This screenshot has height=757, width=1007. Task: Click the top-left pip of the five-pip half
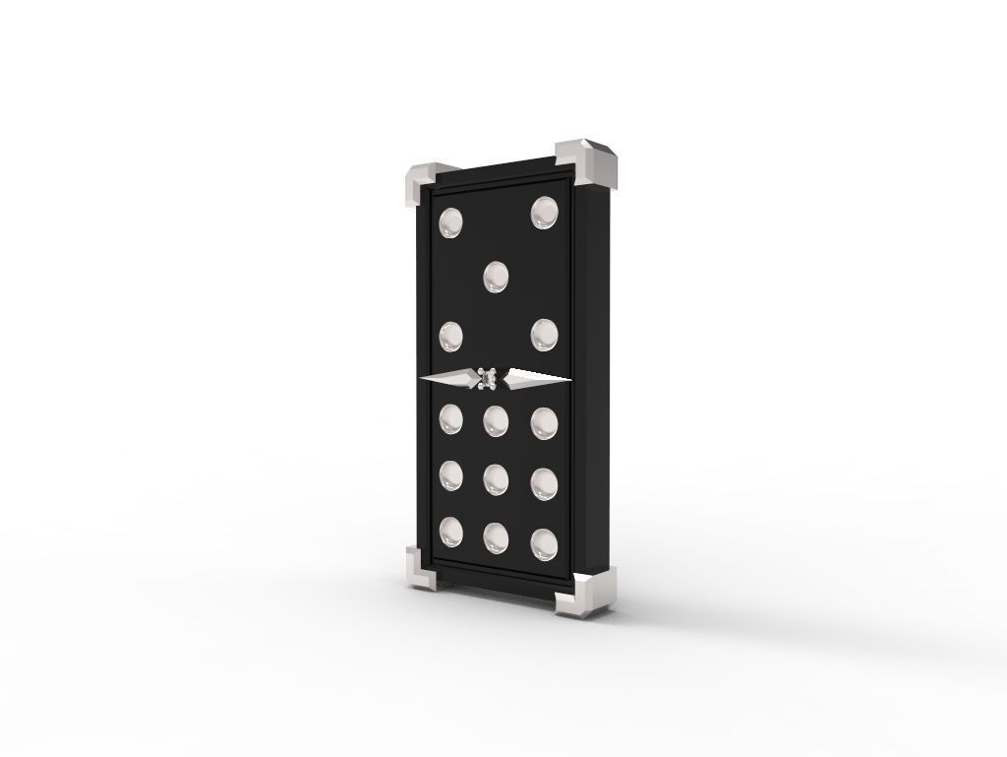pos(451,223)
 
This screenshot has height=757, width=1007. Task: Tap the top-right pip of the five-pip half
pos(544,213)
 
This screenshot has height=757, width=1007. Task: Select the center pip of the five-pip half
pos(498,278)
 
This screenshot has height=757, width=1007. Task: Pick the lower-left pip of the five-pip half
pos(451,337)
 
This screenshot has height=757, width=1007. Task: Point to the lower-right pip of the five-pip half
pos(544,334)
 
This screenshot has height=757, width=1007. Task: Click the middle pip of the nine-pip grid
pos(497,478)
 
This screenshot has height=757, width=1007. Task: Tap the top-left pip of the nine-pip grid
pos(451,419)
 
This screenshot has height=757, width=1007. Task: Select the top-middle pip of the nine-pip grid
pos(497,420)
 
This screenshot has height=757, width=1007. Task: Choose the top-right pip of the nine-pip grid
pos(544,422)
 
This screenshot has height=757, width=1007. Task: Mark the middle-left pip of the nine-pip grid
pos(451,476)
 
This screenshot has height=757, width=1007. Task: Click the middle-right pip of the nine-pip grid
pos(544,481)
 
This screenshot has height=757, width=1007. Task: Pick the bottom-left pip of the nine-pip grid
pos(451,532)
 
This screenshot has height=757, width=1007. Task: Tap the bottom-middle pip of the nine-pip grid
pos(497,536)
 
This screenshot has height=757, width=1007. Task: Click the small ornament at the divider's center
pos(489,378)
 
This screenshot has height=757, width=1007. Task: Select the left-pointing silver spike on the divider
pos(447,377)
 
